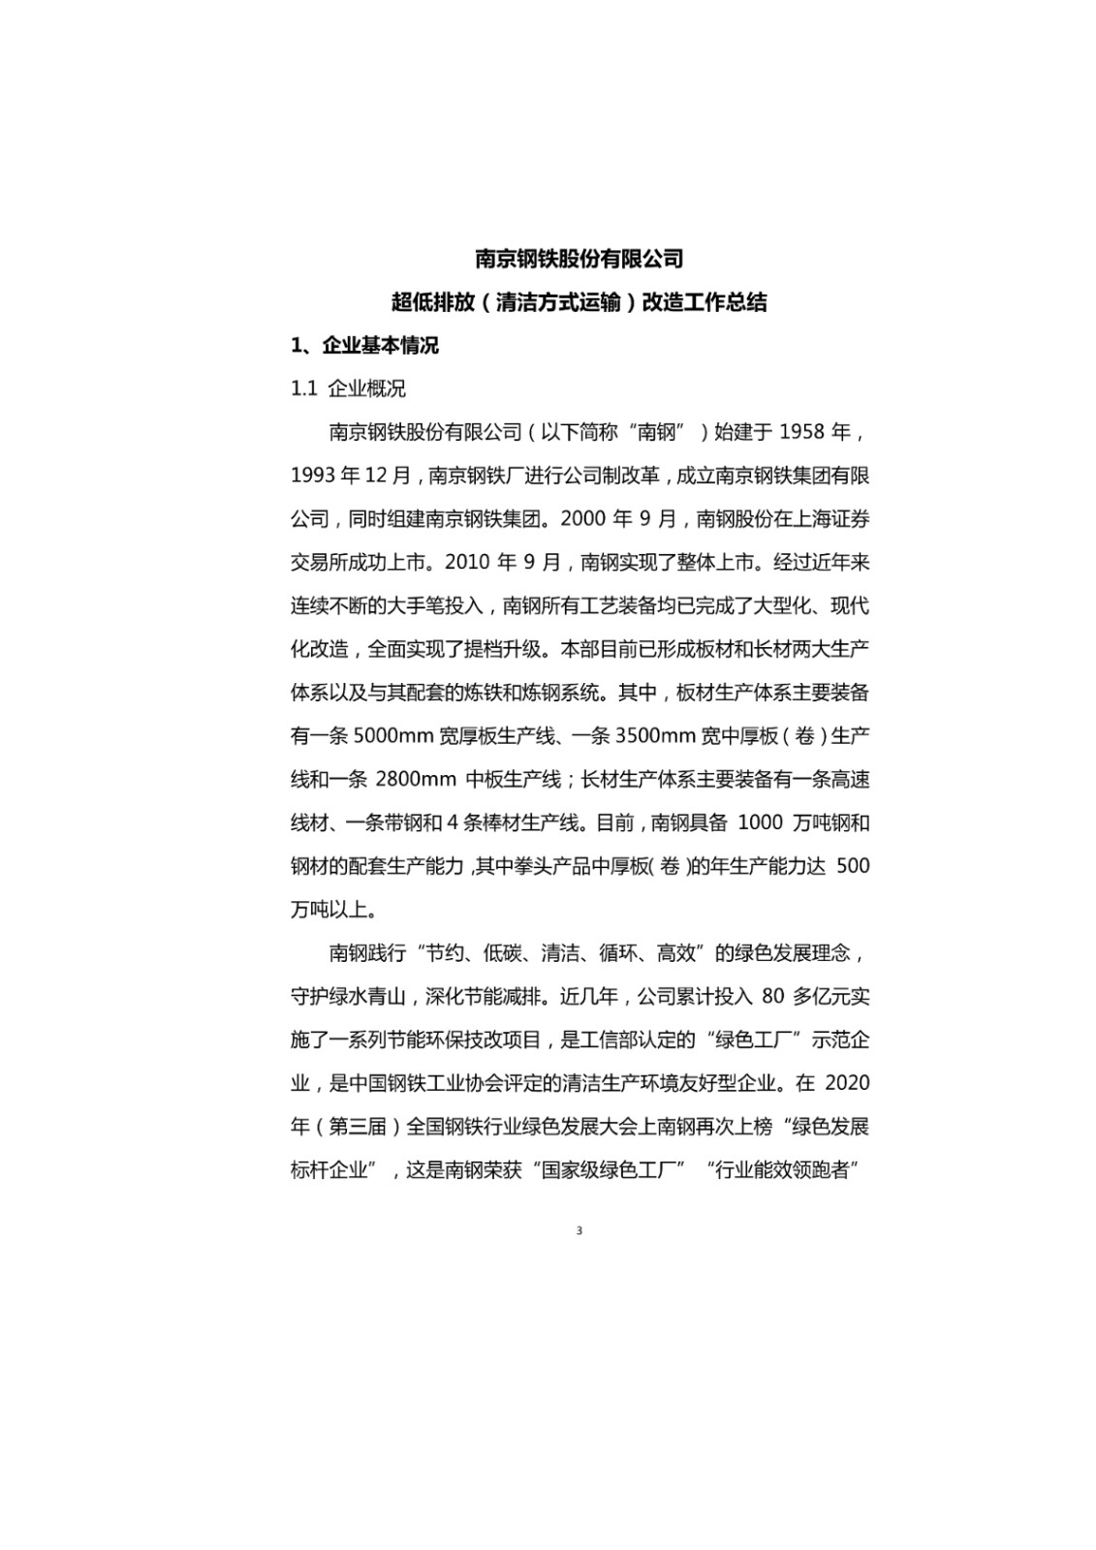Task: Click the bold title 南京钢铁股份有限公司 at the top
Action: [x=579, y=259]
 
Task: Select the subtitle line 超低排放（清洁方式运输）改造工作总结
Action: [x=579, y=302]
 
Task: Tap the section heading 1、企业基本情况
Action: [x=364, y=345]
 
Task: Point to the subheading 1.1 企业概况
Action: [x=348, y=388]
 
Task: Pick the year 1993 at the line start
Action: [x=310, y=475]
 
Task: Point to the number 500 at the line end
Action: [x=852, y=866]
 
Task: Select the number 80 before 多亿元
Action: [x=772, y=996]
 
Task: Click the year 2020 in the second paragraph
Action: [x=849, y=1083]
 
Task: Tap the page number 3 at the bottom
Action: [x=579, y=1231]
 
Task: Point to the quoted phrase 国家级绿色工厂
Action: [x=608, y=1170]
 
